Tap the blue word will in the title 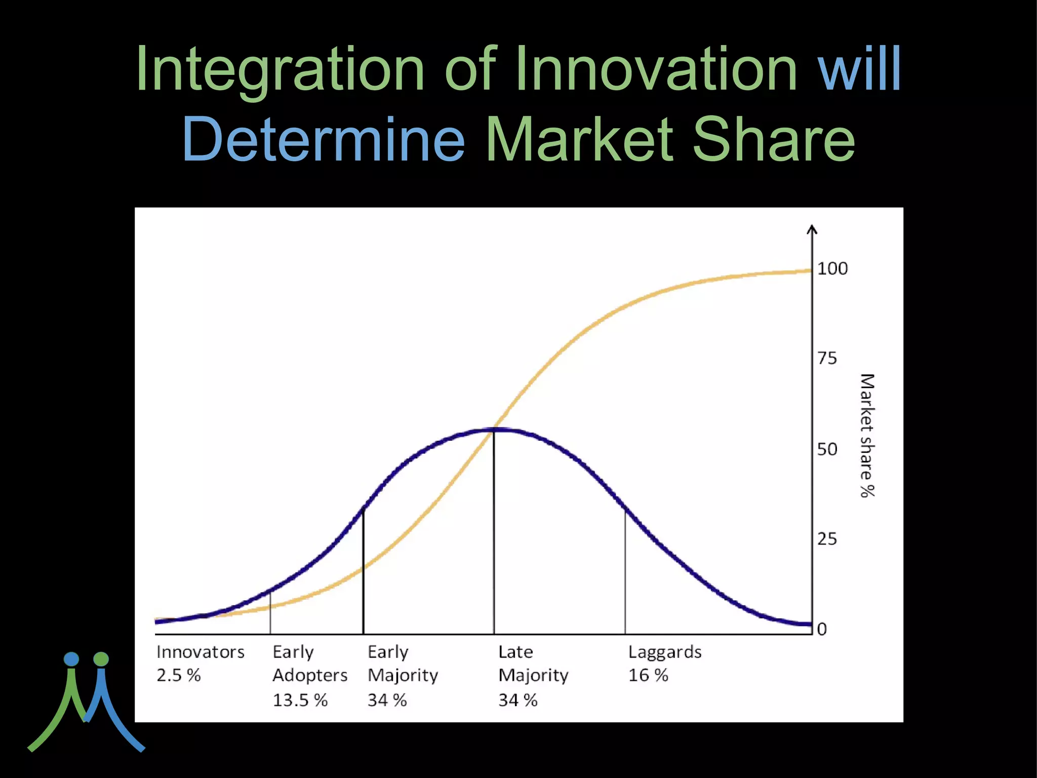[859, 69]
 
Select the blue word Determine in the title [323, 139]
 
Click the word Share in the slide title [773, 139]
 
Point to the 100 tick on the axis [832, 268]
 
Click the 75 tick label [827, 359]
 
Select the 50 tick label [827, 449]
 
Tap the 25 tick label [827, 539]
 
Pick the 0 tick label [822, 629]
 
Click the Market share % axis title [867, 436]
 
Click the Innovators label [200, 652]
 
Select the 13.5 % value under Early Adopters [300, 701]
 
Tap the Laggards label [664, 652]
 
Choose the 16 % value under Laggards [648, 675]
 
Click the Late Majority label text [533, 664]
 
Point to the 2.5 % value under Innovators [178, 675]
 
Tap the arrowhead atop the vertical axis [812, 229]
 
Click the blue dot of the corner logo [71, 659]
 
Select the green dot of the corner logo [101, 659]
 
